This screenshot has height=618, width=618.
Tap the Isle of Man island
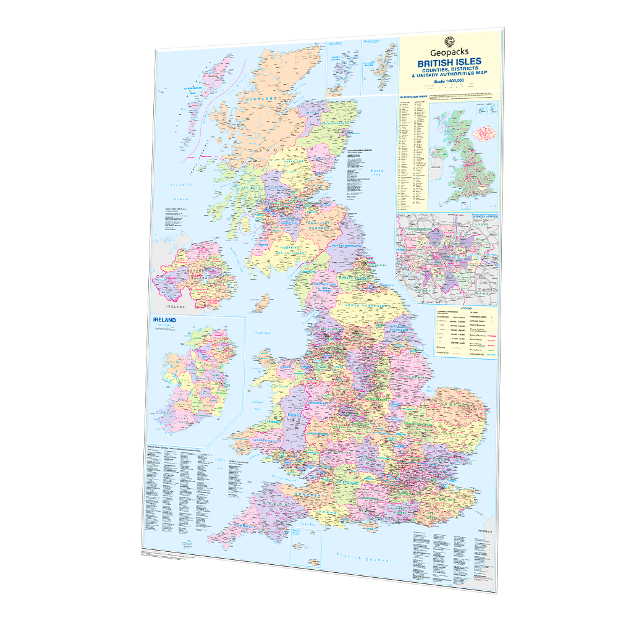pyautogui.click(x=262, y=303)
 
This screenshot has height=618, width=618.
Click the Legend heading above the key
pyautogui.click(x=465, y=307)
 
